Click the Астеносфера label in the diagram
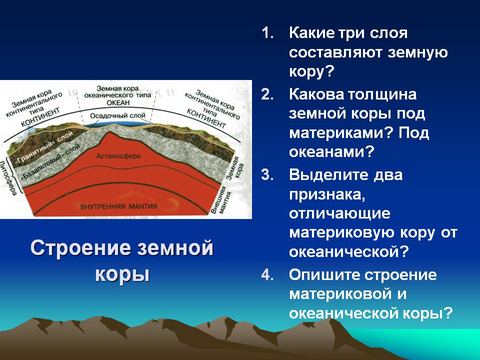coord(118,156)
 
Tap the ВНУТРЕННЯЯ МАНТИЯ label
coord(119,206)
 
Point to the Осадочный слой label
coord(117,115)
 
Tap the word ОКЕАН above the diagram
coord(118,103)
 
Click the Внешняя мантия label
coord(221,199)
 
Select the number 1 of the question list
coord(267,33)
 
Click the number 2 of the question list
coord(267,94)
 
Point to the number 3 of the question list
coord(267,175)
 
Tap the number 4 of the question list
coord(267,274)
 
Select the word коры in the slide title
coord(122,274)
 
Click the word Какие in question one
coord(312,33)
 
